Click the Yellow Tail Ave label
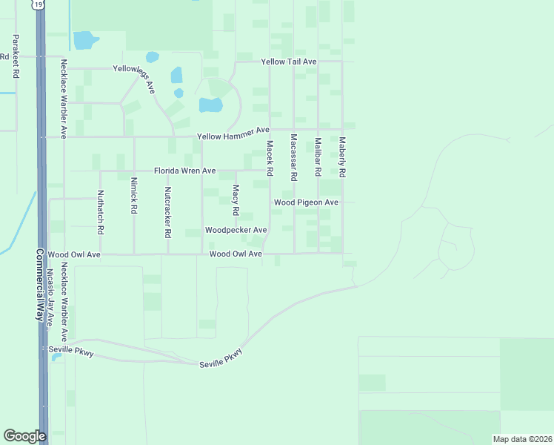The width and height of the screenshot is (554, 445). tap(289, 62)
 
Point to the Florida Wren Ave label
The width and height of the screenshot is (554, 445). tap(184, 171)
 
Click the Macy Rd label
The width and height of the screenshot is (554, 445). tap(236, 200)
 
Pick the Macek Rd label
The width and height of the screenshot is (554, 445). tap(270, 158)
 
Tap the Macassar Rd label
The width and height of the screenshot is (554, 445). tap(294, 157)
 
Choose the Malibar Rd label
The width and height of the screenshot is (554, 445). tap(318, 156)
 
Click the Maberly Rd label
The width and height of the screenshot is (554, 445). tap(342, 156)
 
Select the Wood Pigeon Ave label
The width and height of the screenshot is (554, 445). tap(306, 202)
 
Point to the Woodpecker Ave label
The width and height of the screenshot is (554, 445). tap(236, 230)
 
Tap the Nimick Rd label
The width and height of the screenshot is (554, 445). tap(134, 195)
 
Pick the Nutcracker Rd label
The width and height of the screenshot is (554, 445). tap(167, 211)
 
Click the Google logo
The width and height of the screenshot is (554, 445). tap(24, 436)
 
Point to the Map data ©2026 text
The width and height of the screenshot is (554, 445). tap(521, 439)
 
